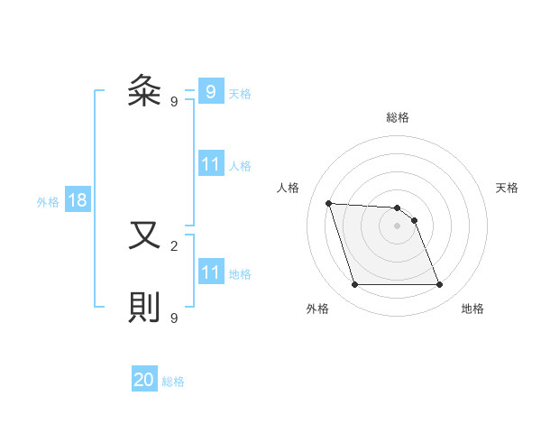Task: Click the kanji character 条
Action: pos(144,91)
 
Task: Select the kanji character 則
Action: pos(144,309)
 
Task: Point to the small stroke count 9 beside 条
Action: pos(173,102)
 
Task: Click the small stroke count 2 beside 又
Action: pos(173,244)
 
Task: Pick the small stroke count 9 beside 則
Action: pos(173,318)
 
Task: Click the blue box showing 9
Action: pos(210,91)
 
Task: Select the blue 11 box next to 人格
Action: pos(210,164)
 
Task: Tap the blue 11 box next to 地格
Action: pos(210,272)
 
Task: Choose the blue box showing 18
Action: pos(78,200)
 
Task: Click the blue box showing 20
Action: pos(144,380)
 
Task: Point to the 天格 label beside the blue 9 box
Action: pos(240,93)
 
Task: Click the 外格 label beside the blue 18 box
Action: pos(48,202)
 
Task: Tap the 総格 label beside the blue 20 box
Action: pos(173,382)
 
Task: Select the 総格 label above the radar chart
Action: pos(398,117)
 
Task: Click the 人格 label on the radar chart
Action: pos(289,188)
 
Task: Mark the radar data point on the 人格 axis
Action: pos(328,203)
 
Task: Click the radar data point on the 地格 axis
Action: pos(439,285)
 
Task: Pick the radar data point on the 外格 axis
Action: pos(354,285)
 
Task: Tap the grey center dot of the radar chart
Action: pos(397,226)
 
